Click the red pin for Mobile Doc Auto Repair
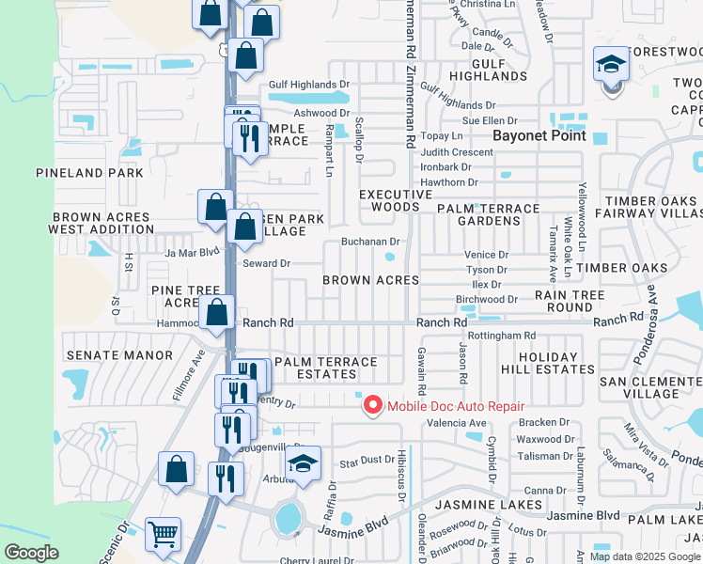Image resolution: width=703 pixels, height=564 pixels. pyautogui.click(x=372, y=405)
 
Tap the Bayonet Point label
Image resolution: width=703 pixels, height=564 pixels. pyautogui.click(x=540, y=135)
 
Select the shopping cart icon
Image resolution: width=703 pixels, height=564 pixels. pyautogui.click(x=164, y=534)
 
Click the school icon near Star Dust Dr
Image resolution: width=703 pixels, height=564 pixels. pyautogui.click(x=302, y=464)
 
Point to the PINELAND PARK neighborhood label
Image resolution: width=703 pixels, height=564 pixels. pyautogui.click(x=90, y=173)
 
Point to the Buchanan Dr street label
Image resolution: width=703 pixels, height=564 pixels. pyautogui.click(x=371, y=242)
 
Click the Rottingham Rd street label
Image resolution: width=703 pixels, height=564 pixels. pyautogui.click(x=501, y=336)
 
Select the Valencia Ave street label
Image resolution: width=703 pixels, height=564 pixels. pyautogui.click(x=457, y=423)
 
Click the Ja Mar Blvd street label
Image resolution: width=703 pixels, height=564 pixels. pyautogui.click(x=192, y=252)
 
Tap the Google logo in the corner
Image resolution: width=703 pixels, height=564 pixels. pyautogui.click(x=32, y=553)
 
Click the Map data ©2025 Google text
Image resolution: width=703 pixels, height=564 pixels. pyautogui.click(x=645, y=556)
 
